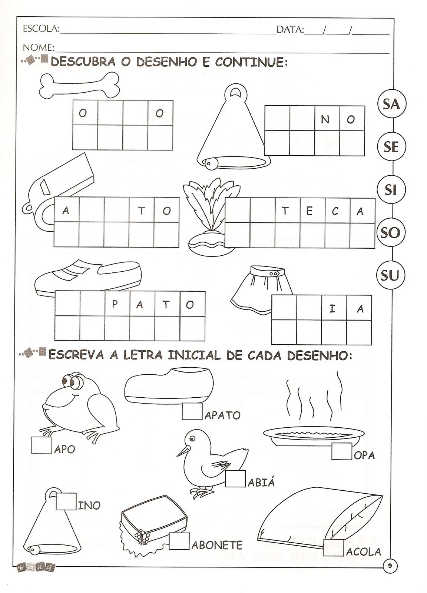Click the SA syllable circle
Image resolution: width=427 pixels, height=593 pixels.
391,105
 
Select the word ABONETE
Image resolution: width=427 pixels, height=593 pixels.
217,545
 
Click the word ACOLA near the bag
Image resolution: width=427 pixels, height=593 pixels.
364,551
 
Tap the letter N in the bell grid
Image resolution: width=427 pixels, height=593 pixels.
325,119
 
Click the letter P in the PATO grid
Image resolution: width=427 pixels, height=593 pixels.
115,305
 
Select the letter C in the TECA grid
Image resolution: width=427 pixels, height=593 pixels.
335,211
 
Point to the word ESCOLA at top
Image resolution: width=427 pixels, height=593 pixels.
40,29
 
